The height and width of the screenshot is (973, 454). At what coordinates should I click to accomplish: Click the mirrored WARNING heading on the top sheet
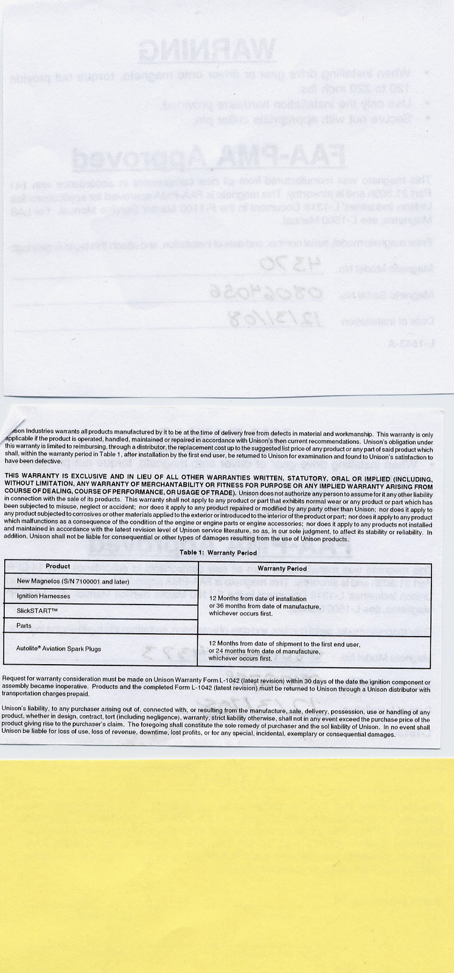(x=208, y=52)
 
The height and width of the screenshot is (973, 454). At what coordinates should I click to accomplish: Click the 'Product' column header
(x=58, y=566)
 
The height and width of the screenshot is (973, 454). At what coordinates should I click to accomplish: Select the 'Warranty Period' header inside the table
(x=282, y=569)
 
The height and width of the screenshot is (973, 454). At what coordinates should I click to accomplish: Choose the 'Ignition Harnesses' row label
(x=43, y=596)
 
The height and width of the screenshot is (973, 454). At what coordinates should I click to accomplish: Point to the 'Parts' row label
(x=24, y=625)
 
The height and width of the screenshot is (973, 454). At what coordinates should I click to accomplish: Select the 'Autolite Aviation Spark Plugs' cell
(x=58, y=649)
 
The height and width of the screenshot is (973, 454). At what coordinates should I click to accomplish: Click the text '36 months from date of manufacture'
(x=264, y=606)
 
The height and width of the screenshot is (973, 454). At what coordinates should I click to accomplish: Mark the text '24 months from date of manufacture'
(x=264, y=651)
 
